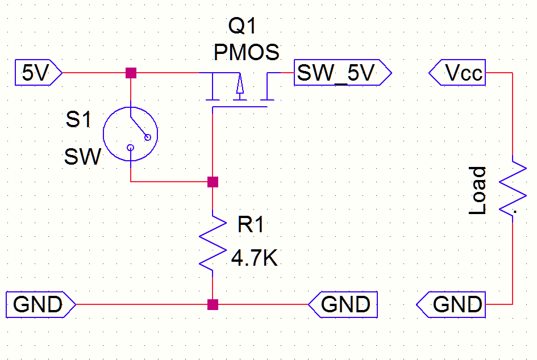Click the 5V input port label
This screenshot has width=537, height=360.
(35, 73)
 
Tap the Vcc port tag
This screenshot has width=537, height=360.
(458, 73)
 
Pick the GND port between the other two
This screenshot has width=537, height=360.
(343, 305)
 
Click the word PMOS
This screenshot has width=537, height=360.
(246, 53)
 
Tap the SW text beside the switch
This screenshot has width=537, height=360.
(82, 157)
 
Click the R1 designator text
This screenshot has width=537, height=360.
(251, 225)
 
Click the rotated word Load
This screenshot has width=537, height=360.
(478, 191)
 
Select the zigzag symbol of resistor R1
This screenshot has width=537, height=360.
(212, 241)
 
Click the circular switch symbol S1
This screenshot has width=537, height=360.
(130, 135)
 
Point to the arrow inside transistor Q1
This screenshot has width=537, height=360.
(239, 85)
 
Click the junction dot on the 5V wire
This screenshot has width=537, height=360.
(131, 73)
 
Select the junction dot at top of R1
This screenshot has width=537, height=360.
(213, 182)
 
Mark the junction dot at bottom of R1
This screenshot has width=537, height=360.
(213, 305)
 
